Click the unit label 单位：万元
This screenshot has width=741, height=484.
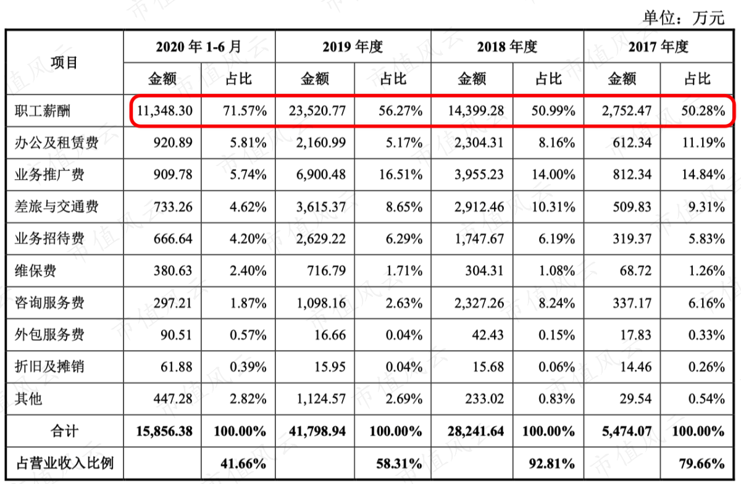point(684,17)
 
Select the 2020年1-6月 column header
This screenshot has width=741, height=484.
point(198,47)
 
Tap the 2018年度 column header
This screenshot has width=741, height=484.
point(507,47)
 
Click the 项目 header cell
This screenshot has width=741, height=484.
point(64,62)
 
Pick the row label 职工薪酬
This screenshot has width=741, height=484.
point(43,111)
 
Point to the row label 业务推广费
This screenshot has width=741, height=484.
point(49,174)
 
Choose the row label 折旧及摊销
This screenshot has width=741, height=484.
point(49,367)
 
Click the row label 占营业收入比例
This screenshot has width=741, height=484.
point(65,463)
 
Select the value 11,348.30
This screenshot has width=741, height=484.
point(164,111)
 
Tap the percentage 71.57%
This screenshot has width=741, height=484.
point(245,111)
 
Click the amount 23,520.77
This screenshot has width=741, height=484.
point(317,111)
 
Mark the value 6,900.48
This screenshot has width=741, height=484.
point(321,174)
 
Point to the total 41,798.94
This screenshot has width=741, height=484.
point(317,431)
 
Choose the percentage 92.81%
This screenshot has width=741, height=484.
point(552,463)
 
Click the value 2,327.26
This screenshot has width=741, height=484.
point(479,303)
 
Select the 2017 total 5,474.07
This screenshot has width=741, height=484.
point(627,431)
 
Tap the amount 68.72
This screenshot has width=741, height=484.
point(635,270)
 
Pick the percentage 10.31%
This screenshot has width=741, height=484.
point(553,207)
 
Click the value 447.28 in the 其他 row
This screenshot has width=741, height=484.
point(173,399)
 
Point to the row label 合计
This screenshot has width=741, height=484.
point(64,431)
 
